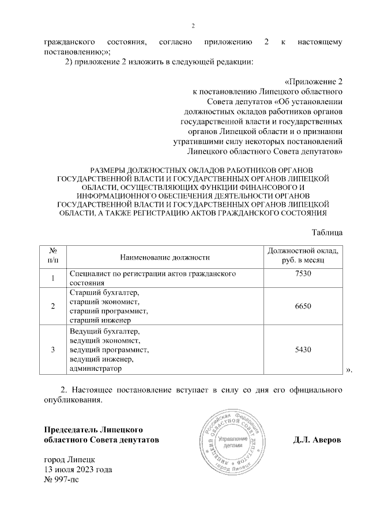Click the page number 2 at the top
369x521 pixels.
194,25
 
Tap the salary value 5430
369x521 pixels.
303,349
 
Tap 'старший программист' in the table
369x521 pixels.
108,311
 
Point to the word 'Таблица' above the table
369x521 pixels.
327,232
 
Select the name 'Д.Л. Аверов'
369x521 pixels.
317,440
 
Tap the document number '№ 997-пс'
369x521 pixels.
61,479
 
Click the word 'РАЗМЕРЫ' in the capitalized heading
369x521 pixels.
109,171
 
